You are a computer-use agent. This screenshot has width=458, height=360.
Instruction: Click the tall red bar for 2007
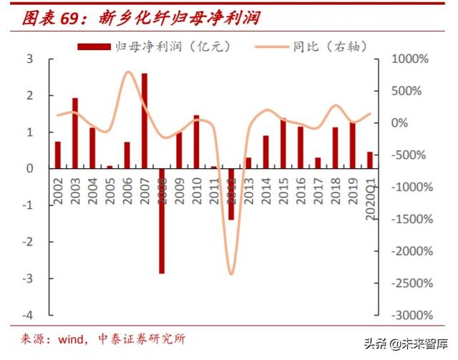coord(145,120)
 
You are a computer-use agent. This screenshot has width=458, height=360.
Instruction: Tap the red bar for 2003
coord(75,132)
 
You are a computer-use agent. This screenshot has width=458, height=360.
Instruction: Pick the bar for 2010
coord(196,141)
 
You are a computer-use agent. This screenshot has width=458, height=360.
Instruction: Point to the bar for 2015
coord(283,143)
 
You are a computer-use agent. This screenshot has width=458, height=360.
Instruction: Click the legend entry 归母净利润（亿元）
coord(154,47)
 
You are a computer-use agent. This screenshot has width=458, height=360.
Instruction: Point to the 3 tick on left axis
coord(30,59)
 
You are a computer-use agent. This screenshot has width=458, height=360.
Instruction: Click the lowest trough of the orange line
coord(230,274)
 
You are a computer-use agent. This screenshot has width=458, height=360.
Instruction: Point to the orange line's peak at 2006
coord(128,72)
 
